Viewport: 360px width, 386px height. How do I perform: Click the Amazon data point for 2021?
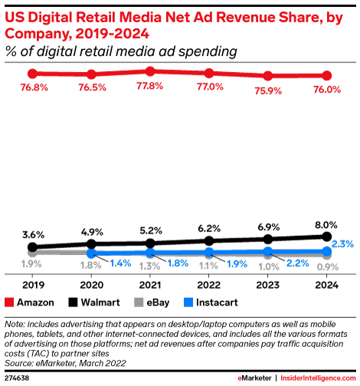150,71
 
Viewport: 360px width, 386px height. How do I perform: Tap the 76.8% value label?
32,87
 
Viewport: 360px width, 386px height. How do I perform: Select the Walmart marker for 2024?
327,237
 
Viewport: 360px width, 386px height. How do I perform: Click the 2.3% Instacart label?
342,244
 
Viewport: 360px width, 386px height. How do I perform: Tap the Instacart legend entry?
207,302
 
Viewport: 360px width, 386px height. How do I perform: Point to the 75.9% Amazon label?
268,89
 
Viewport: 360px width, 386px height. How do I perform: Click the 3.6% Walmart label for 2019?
32,234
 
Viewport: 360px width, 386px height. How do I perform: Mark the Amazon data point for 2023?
268,76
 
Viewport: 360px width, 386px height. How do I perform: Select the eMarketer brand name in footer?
256,378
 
